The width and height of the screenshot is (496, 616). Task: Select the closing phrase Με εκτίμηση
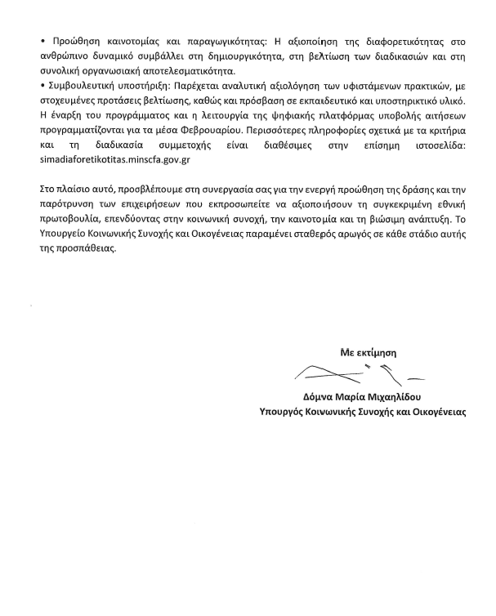coord(368,352)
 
